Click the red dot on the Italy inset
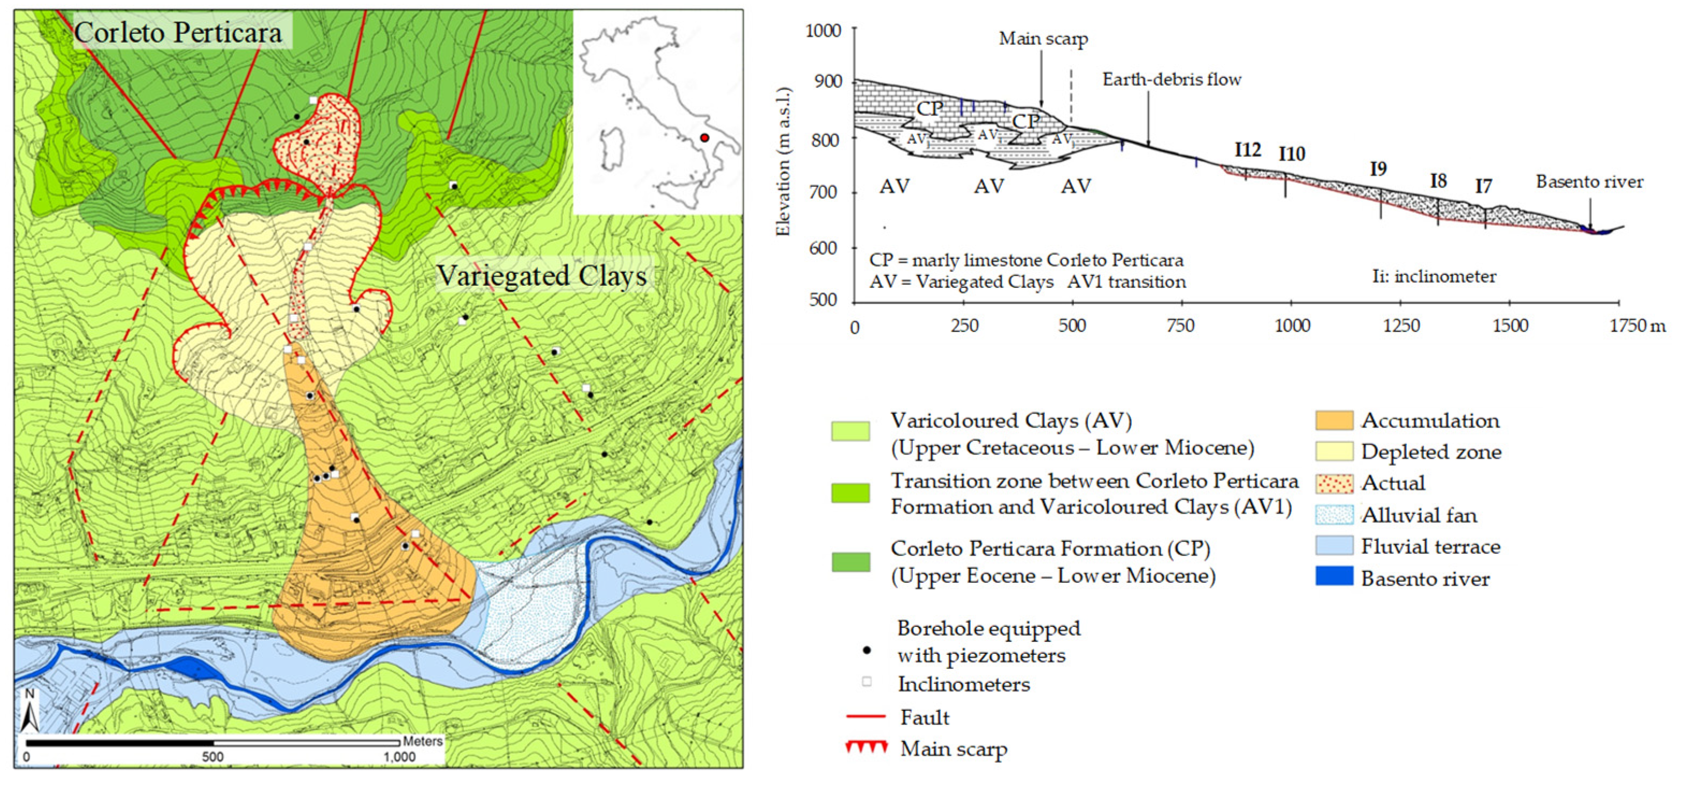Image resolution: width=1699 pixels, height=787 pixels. pyautogui.click(x=705, y=138)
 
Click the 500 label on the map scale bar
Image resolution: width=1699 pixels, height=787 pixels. pyautogui.click(x=213, y=757)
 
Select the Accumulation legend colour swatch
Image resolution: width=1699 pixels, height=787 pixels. pyautogui.click(x=1334, y=420)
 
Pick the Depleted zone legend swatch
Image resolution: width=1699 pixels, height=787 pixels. pyautogui.click(x=1334, y=451)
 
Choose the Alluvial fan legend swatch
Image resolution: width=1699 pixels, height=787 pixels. pyautogui.click(x=1334, y=515)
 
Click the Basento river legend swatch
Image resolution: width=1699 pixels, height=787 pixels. pyautogui.click(x=1334, y=577)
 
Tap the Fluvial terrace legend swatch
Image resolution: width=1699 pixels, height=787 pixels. pyautogui.click(x=1334, y=546)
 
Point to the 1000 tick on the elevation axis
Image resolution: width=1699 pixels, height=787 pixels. pyautogui.click(x=824, y=30)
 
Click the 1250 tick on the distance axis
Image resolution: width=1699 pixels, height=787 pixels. pyautogui.click(x=1401, y=325)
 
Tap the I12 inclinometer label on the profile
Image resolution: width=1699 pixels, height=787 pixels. pyautogui.click(x=1248, y=150)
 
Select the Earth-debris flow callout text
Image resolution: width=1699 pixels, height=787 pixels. pyautogui.click(x=1171, y=80)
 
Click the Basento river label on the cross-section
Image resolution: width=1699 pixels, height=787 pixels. pyautogui.click(x=1589, y=182)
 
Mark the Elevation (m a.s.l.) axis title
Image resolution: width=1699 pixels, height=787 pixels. pyautogui.click(x=783, y=162)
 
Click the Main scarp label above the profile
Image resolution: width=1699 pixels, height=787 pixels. pyautogui.click(x=1043, y=39)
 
